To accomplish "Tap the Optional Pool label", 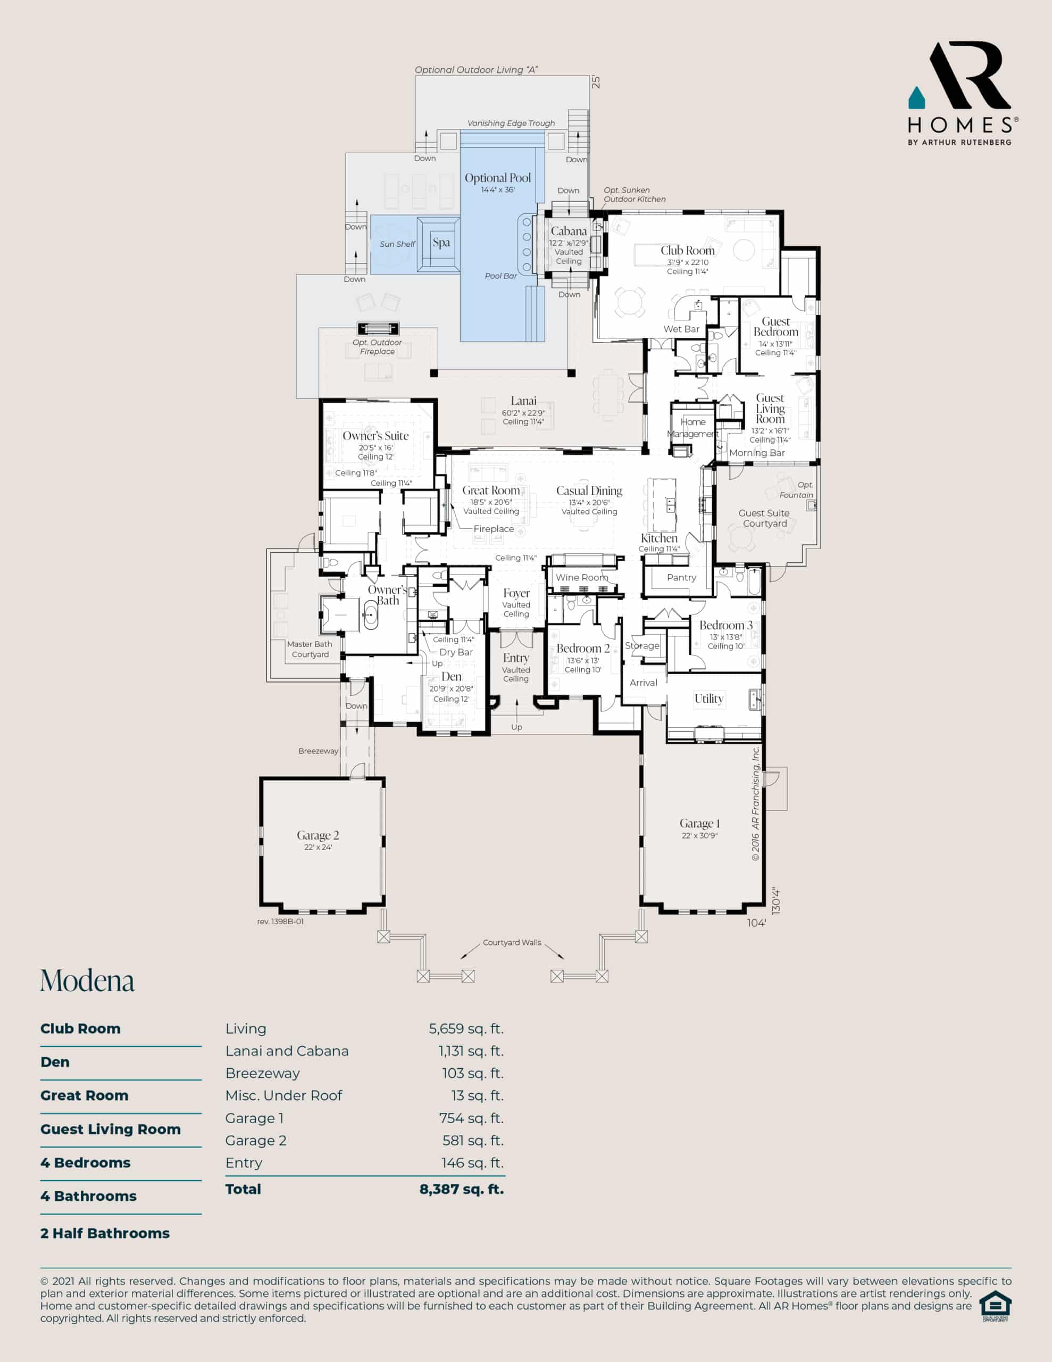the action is click(x=498, y=178).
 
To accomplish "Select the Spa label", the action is click(x=441, y=243).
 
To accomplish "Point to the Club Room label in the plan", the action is click(x=687, y=250).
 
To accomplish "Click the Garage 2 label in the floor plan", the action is click(x=318, y=835).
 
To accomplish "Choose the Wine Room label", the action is click(x=582, y=577).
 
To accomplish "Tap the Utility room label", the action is click(x=709, y=699).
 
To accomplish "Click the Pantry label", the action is click(x=681, y=577).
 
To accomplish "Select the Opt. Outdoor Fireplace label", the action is click(x=377, y=347).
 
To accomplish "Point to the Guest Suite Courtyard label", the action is click(x=764, y=518).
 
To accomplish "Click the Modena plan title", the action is click(x=87, y=981).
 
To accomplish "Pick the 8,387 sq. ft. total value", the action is click(x=462, y=1189).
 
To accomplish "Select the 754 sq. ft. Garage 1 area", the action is click(x=471, y=1118).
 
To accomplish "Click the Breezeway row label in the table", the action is click(x=263, y=1073).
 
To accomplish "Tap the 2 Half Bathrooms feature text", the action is click(x=105, y=1233).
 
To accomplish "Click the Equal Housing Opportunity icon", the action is click(x=995, y=1306).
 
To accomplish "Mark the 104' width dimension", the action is click(x=756, y=923).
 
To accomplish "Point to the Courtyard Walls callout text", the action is click(x=512, y=942).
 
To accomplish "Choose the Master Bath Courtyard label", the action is click(x=310, y=649).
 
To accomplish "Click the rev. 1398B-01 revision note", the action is click(x=280, y=921).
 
